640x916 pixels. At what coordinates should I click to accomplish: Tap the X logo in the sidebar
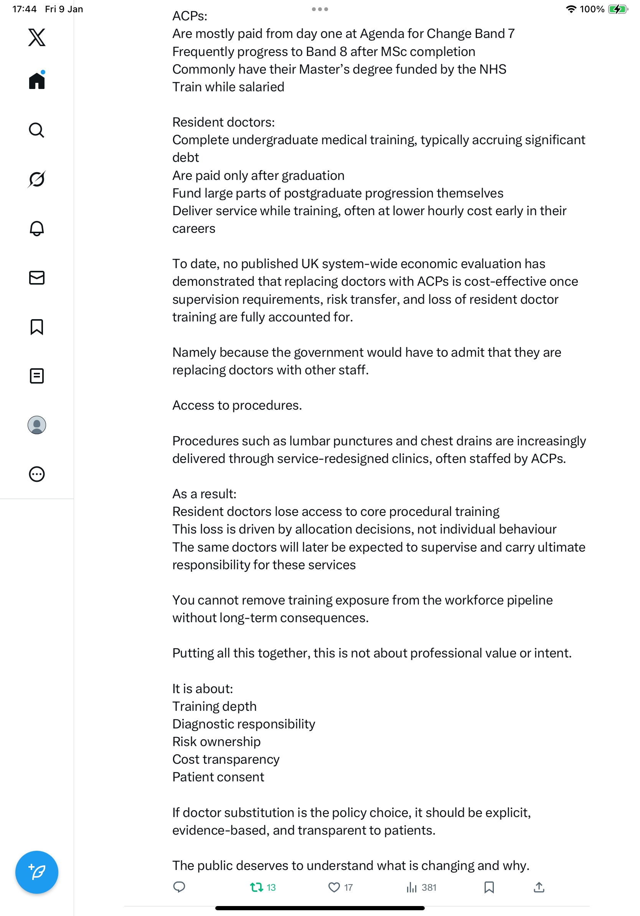pos(37,38)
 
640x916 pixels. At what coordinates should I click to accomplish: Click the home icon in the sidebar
pos(37,81)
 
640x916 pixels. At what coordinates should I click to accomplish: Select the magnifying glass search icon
pos(37,130)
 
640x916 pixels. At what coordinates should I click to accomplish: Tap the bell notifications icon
pos(37,228)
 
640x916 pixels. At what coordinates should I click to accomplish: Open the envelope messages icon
pos(37,278)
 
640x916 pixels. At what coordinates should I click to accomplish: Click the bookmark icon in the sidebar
pos(37,327)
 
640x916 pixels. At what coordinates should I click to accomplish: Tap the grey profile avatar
pos(37,425)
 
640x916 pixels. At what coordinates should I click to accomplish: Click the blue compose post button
pos(37,872)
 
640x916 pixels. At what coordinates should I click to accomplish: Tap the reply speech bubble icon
pos(179,887)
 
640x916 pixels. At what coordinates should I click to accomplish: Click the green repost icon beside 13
pos(256,887)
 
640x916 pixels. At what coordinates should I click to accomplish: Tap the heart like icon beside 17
pos(334,887)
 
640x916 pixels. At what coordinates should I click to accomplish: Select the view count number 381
pos(429,887)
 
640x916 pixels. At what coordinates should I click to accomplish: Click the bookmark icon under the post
pos(489,887)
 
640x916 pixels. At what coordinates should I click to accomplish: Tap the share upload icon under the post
pos(539,887)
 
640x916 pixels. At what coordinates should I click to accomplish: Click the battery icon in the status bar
pos(617,9)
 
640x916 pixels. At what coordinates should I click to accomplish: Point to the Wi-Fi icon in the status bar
pos(571,9)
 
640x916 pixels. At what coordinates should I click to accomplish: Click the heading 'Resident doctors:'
pos(223,122)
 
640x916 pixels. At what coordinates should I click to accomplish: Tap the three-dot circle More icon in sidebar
pos(37,474)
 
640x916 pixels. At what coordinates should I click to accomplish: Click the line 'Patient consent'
pos(218,777)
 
